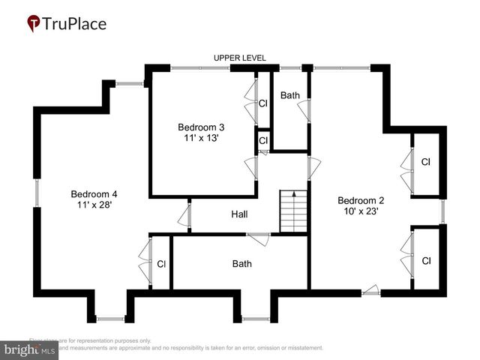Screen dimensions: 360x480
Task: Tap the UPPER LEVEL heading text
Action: coord(240,58)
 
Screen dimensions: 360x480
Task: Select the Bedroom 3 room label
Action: coord(200,127)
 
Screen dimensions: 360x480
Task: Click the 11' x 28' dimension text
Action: coord(94,204)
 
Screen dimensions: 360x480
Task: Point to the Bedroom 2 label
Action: coord(361,200)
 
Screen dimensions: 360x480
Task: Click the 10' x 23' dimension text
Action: coord(361,211)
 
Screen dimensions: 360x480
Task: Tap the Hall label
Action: coord(239,214)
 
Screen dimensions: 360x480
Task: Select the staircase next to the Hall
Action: coord(294,211)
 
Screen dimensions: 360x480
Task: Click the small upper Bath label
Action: coord(289,96)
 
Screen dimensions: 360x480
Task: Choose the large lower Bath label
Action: coord(241,264)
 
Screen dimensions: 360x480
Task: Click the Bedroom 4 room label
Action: coord(94,192)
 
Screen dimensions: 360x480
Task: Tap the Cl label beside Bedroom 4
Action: coord(161,264)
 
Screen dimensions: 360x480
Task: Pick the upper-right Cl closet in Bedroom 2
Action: coord(425,162)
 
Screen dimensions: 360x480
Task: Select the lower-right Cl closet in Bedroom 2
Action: coord(426,261)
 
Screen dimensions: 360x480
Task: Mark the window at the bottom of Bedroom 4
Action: coord(111,319)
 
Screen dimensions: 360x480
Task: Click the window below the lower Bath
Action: coord(255,319)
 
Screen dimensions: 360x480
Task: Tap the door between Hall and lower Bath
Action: coord(259,238)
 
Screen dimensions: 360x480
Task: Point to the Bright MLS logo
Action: coord(30,349)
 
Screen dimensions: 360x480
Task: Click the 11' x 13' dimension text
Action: coord(200,138)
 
